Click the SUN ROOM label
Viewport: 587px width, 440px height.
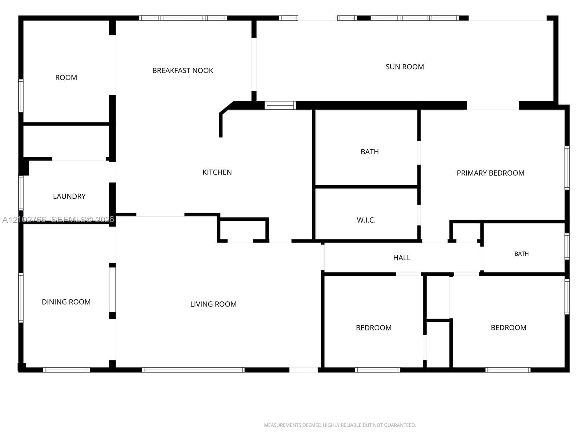[x=405, y=67]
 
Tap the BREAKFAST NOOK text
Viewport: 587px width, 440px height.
[x=183, y=70]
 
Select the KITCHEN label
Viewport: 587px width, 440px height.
[x=217, y=172]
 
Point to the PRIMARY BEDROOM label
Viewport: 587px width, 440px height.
[x=491, y=173]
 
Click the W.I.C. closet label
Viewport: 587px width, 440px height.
[x=366, y=220]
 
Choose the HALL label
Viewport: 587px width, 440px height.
[x=402, y=258]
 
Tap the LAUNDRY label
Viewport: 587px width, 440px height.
[x=69, y=197]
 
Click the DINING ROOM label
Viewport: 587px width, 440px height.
[x=66, y=302]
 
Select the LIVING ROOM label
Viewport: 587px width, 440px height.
[x=214, y=304]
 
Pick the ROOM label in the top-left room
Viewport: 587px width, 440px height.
[x=66, y=77]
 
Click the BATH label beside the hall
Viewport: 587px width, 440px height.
[x=521, y=254]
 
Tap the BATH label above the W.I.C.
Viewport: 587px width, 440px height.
[x=369, y=152]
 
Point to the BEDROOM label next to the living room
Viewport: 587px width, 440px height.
[x=373, y=328]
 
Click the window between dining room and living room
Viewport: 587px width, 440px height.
[x=112, y=290]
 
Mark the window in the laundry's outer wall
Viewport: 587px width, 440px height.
[x=21, y=193]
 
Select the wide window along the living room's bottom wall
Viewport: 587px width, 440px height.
[x=193, y=370]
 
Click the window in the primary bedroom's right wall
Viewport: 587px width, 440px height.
[x=567, y=168]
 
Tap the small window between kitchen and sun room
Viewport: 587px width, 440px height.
[x=280, y=105]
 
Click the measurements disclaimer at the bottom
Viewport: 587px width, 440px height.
[x=340, y=425]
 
